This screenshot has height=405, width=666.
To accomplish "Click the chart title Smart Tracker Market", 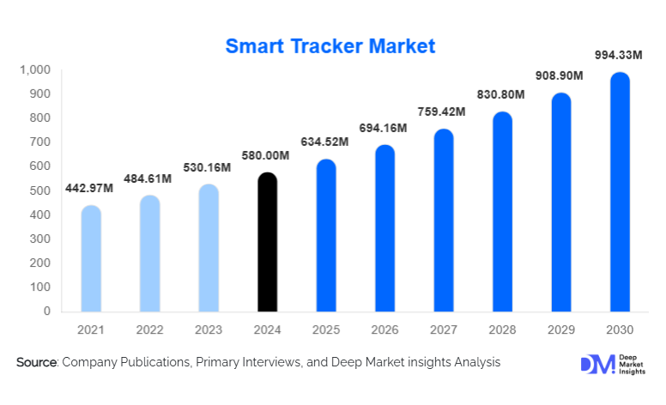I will [x=330, y=46].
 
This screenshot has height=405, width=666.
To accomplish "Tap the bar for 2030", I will [x=620, y=192].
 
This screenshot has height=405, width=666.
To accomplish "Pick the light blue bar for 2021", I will [x=91, y=259].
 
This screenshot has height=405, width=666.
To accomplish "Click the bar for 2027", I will [x=444, y=221].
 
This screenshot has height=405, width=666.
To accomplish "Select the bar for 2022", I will [x=149, y=254].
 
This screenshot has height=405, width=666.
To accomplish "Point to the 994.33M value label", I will [x=619, y=56].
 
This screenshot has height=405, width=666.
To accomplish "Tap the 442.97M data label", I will [x=90, y=189].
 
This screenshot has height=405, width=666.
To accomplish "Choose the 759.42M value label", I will [x=443, y=112].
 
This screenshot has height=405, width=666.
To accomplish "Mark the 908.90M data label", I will [x=560, y=76].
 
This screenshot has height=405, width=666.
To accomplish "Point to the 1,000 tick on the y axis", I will [x=35, y=70].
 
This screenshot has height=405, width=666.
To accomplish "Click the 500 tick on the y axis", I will [x=40, y=190].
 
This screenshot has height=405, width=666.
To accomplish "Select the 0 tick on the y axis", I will [x=47, y=311].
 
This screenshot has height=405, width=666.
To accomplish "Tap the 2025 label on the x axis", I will [x=325, y=330].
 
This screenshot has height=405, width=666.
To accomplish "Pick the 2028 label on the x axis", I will [x=502, y=330].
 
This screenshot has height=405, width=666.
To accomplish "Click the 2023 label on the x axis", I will [x=208, y=330].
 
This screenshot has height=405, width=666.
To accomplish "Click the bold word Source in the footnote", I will [x=37, y=363].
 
